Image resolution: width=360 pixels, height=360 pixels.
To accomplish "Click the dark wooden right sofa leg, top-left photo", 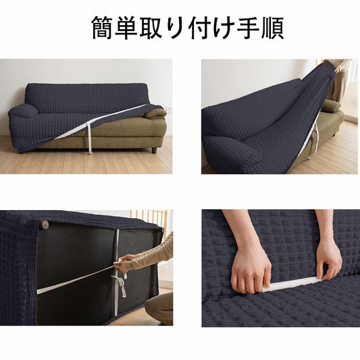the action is [x=154, y=150].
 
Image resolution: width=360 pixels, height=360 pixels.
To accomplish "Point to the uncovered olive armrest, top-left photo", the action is [x=155, y=113].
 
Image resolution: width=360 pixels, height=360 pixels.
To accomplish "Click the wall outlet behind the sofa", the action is [x=169, y=109].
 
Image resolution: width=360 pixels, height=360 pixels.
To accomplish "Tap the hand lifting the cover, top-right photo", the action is [x=337, y=69].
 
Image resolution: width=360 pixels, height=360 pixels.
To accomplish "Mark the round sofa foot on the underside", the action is [x=45, y=224].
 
